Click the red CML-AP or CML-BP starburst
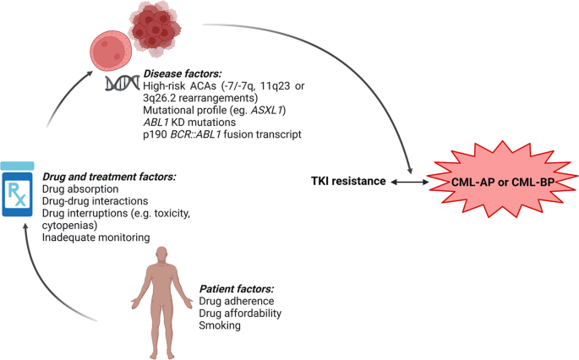coord(499,181)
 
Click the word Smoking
coord(220,325)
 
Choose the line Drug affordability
coord(241,313)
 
